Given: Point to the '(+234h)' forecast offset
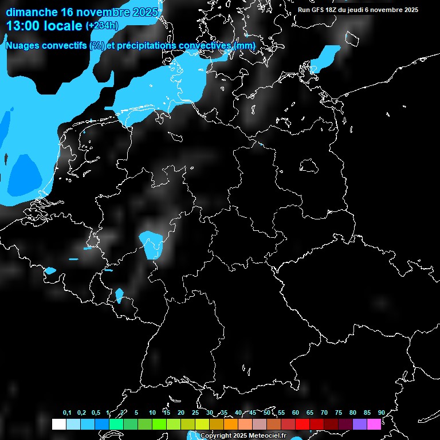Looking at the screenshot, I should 102,26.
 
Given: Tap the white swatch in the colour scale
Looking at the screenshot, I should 59,424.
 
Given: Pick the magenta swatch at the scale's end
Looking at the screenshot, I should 374,424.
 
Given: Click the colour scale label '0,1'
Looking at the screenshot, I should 66,412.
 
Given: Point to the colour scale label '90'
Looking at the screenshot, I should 381,412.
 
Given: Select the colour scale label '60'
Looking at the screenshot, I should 295,412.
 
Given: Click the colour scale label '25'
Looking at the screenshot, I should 195,412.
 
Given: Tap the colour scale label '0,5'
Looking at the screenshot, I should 95,412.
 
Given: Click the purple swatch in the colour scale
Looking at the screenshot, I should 360,424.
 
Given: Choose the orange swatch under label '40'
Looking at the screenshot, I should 231,424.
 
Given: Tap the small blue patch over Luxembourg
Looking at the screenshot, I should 119,295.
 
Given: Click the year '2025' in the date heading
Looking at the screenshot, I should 144,12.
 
